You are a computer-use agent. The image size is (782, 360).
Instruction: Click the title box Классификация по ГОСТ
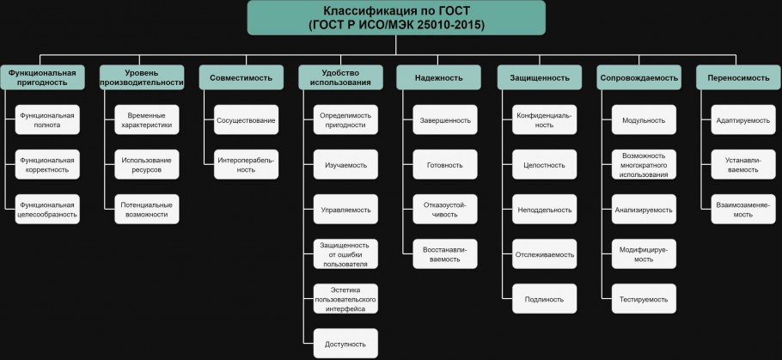(x=396, y=17)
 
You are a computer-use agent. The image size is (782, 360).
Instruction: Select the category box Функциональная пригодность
(x=42, y=77)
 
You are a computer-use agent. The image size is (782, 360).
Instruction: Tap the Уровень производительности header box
(x=142, y=77)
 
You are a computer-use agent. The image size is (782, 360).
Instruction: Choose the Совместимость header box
(x=241, y=77)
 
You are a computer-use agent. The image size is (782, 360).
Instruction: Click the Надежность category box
(x=439, y=77)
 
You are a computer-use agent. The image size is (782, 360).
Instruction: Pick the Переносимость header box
(x=738, y=77)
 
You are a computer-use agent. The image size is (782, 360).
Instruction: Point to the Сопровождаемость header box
(x=638, y=77)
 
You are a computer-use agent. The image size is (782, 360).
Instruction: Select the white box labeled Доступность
(x=345, y=344)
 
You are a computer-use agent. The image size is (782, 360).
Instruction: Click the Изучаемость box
(x=345, y=165)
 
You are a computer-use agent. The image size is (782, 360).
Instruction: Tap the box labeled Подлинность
(x=544, y=299)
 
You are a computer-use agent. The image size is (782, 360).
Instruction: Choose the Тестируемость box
(x=644, y=299)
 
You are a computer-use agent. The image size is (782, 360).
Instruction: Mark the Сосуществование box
(x=246, y=119)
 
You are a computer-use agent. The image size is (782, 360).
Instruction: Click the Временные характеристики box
(x=147, y=119)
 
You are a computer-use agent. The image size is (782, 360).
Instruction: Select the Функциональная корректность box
(x=47, y=165)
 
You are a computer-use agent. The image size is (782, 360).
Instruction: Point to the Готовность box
(x=445, y=165)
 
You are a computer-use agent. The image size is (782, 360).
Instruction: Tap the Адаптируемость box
(x=743, y=119)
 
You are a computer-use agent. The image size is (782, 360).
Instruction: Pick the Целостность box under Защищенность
(x=544, y=165)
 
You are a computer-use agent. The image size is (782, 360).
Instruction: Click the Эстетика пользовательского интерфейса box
(x=345, y=299)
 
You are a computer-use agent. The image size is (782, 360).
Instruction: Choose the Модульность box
(x=644, y=119)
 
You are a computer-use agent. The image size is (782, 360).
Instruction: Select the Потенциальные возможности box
(x=147, y=209)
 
